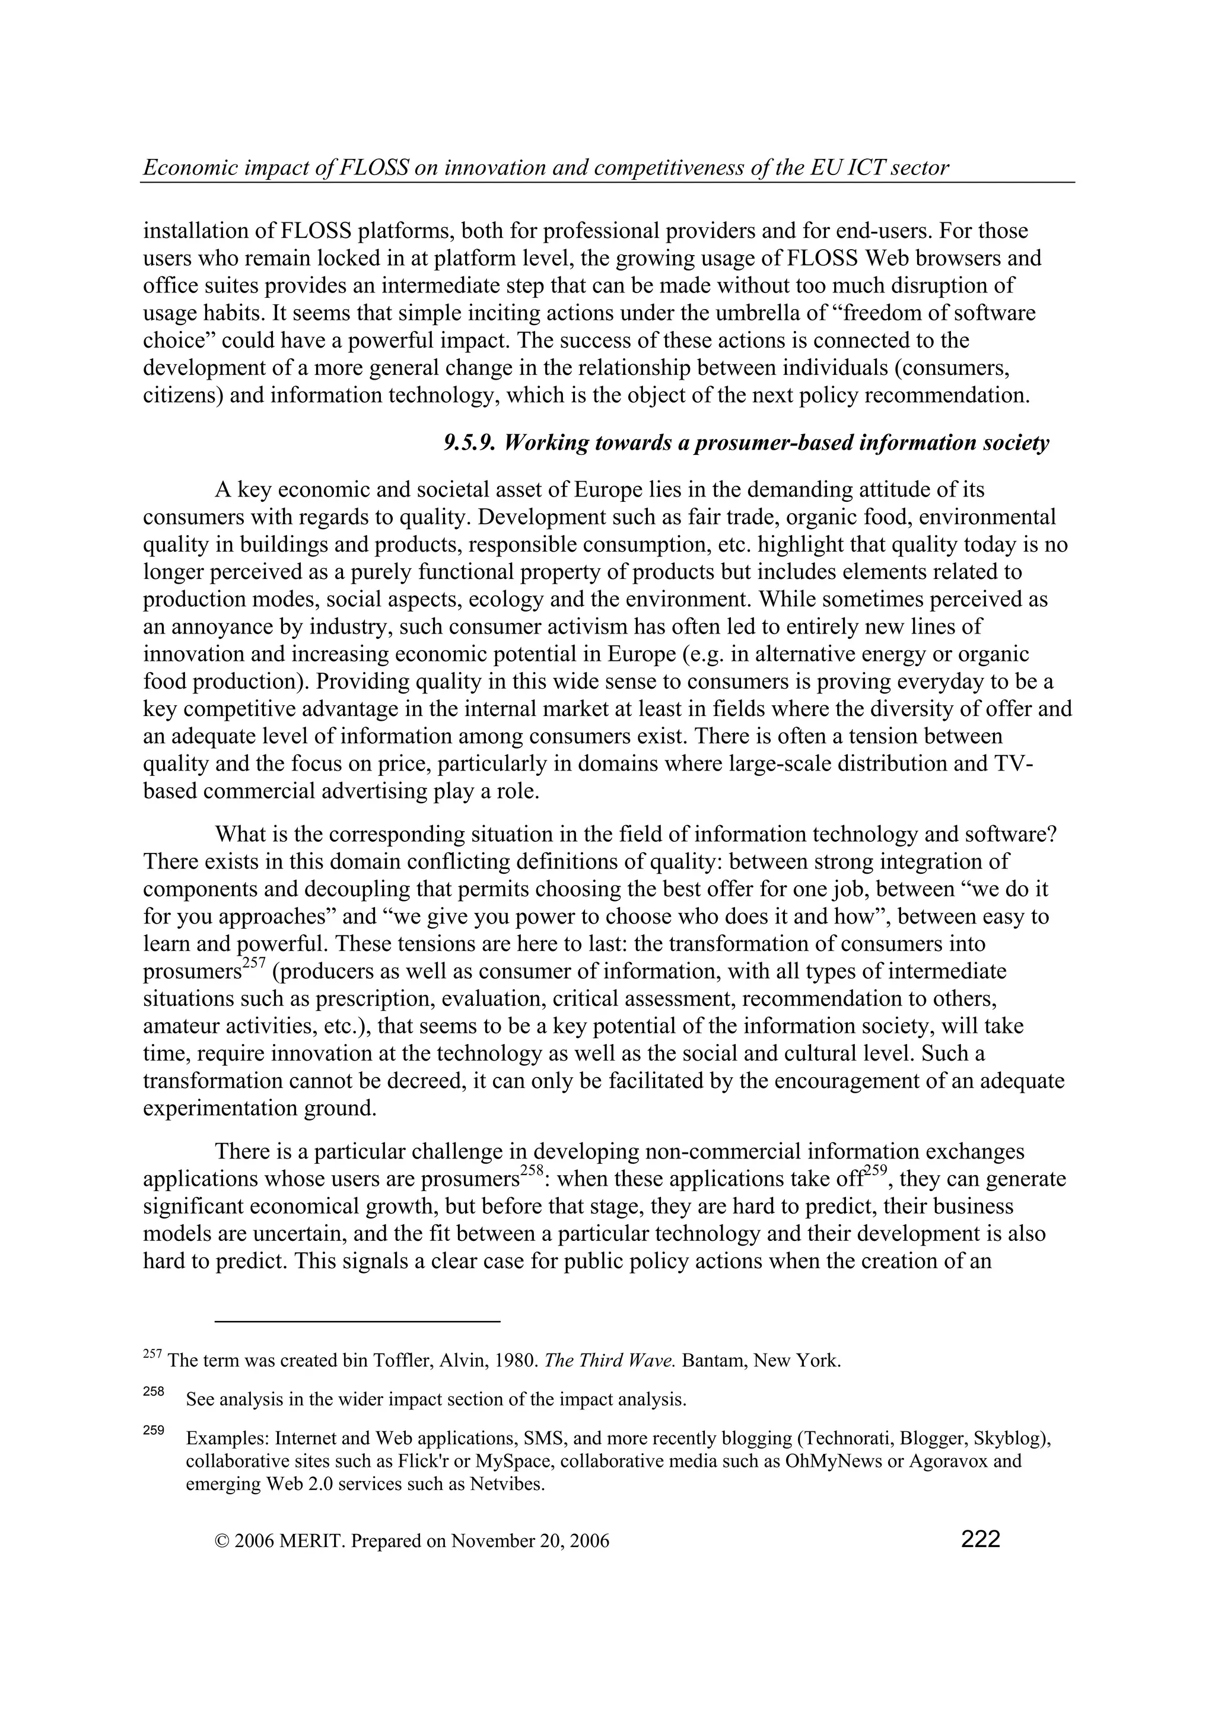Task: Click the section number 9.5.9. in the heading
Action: tap(469, 443)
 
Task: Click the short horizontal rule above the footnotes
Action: tap(357, 1322)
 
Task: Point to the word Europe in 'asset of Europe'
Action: tap(609, 491)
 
